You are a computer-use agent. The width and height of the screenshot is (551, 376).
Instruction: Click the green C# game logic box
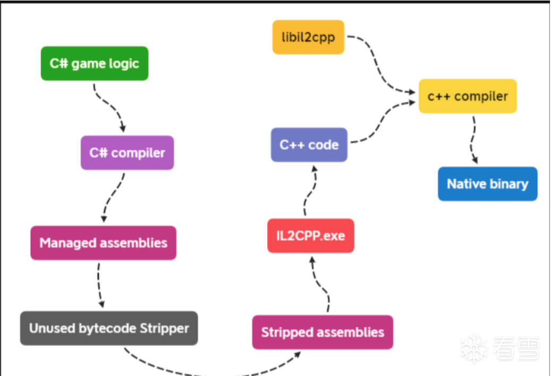point(95,64)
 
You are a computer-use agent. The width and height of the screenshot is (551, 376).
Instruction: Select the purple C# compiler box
point(127,153)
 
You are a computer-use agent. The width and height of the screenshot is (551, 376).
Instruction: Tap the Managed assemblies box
point(103,243)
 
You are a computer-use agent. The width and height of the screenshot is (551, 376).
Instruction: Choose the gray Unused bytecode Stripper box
point(109,328)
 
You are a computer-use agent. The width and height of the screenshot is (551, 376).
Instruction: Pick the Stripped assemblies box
point(323,332)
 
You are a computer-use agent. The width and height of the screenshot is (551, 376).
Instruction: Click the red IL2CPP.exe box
point(310,235)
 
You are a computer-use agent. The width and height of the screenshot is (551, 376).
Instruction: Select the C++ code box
point(309,144)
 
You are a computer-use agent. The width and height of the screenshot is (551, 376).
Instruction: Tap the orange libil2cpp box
point(308,37)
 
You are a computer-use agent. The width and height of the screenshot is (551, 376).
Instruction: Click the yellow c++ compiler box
point(468,96)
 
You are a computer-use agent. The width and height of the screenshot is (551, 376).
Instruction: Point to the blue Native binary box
point(487,184)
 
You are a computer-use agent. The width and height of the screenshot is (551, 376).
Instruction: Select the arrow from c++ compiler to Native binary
point(472,140)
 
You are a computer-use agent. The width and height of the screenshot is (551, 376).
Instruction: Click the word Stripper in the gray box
point(164,328)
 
